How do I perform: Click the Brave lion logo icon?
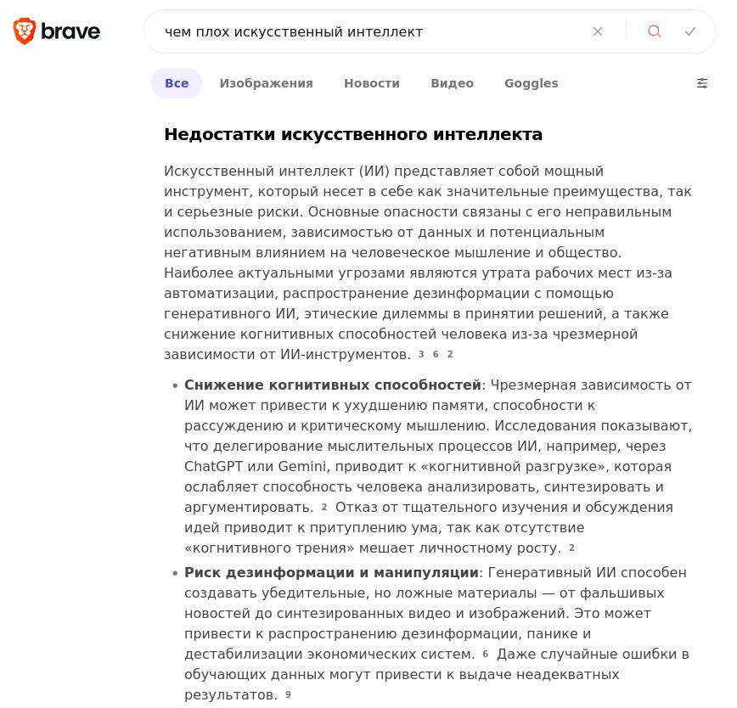25,31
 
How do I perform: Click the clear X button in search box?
598,31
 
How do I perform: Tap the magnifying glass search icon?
655,31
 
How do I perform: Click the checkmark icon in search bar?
690,31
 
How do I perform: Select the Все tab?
177,83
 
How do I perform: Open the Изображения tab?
266,83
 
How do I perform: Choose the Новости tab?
371,83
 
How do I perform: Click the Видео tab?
452,83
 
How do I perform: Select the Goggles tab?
531,83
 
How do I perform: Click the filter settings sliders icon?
702,83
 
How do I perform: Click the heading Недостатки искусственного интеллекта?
353,134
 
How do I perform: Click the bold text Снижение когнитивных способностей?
333,385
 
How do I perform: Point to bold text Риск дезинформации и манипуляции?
331,572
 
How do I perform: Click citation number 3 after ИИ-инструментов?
421,354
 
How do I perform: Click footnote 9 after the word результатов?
288,694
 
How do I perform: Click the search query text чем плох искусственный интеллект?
294,31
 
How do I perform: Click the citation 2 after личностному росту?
571,548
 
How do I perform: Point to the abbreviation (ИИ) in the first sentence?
374,171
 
